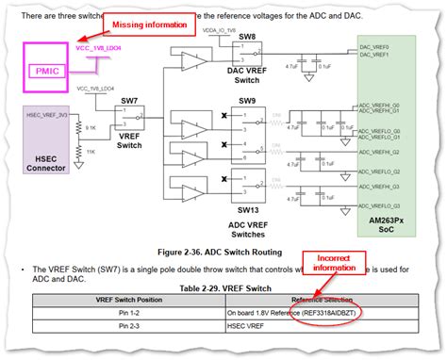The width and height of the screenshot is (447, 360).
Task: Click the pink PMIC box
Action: click(45, 70)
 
